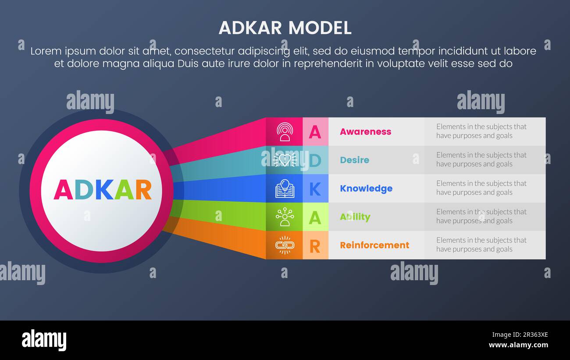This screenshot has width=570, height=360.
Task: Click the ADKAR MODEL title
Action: click(x=285, y=28)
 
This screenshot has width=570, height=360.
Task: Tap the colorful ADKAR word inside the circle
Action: click(x=103, y=189)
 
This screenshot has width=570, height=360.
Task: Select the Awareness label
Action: click(x=365, y=132)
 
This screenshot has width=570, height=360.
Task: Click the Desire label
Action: click(x=354, y=160)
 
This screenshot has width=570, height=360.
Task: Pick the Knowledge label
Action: click(x=366, y=189)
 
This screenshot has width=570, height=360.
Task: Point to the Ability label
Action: click(x=355, y=217)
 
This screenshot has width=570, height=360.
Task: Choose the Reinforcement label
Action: click(x=374, y=245)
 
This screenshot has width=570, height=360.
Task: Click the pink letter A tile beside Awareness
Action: click(x=315, y=132)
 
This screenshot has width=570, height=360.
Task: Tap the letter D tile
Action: click(x=315, y=160)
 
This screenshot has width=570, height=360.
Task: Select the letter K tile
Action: click(x=315, y=189)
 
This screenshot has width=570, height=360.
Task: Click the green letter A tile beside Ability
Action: click(x=315, y=217)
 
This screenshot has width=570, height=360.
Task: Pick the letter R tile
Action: click(x=315, y=246)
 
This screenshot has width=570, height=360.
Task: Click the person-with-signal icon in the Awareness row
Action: click(x=285, y=132)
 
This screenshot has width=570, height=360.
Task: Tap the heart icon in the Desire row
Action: click(x=285, y=160)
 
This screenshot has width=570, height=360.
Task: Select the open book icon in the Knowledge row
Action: click(x=285, y=189)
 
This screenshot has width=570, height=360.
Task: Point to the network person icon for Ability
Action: click(x=285, y=217)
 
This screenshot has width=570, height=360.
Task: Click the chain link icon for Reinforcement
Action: click(x=285, y=245)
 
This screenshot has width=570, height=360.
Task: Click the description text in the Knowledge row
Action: click(x=481, y=188)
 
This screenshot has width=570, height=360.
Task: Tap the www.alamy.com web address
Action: click(x=518, y=345)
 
